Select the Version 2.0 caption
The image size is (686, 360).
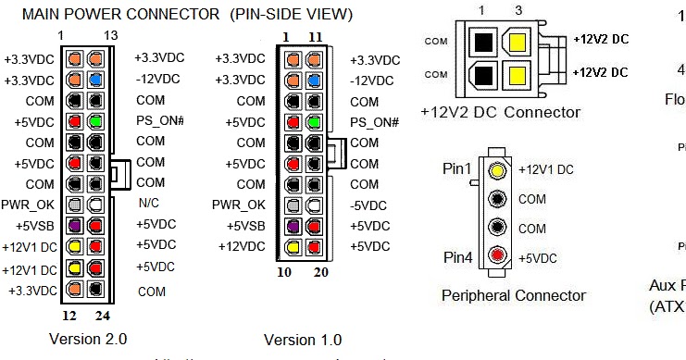pyautogui.click(x=87, y=339)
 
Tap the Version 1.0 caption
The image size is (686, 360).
pyautogui.click(x=302, y=340)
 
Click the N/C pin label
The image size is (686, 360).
pyautogui.click(x=149, y=203)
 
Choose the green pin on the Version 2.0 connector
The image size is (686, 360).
pyautogui.click(x=94, y=121)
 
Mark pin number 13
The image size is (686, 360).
pyautogui.click(x=111, y=35)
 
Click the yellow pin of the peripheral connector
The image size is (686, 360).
pyautogui.click(x=498, y=170)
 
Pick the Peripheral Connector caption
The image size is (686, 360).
pyautogui.click(x=513, y=296)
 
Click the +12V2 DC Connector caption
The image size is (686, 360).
pyautogui.click(x=500, y=112)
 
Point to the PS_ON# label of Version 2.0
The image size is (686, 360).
pyautogui.click(x=158, y=121)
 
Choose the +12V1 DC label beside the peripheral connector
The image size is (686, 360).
pyautogui.click(x=546, y=170)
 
